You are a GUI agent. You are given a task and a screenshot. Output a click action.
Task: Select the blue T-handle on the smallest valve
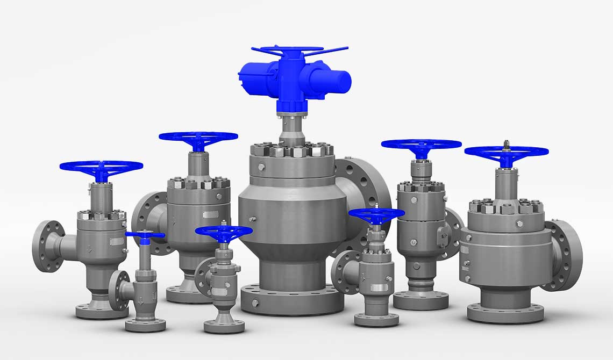145,235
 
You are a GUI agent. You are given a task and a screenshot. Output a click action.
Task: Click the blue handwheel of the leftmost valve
101,167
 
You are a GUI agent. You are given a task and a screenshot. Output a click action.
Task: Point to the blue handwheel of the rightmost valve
506,152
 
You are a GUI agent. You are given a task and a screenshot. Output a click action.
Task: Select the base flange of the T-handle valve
145,325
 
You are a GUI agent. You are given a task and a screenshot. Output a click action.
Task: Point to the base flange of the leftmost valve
99,311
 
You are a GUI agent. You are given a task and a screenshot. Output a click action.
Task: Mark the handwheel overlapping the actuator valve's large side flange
376,215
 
